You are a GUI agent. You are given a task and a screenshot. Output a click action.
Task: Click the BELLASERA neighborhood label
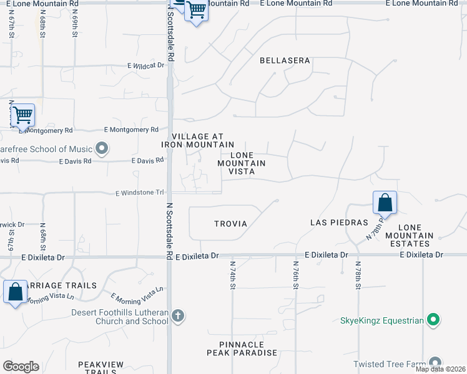[285, 60]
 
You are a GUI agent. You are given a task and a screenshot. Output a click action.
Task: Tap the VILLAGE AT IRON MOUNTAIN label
[197, 140]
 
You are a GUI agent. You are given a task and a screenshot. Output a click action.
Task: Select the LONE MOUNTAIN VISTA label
[242, 163]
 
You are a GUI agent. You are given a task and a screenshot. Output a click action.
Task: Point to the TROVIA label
[230, 223]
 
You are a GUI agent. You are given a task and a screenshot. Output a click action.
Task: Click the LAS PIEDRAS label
[339, 223]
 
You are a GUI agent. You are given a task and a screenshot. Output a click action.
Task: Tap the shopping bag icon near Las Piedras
[385, 203]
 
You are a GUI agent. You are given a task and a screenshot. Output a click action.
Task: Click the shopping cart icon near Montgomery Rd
[22, 115]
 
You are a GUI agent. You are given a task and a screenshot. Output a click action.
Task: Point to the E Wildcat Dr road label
[146, 65]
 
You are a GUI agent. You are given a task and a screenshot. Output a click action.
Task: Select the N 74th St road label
[232, 274]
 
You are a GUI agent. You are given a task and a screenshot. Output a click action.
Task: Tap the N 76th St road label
[297, 274]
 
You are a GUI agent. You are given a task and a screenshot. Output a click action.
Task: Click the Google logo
[21, 367]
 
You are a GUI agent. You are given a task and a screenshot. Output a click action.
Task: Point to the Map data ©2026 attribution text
[440, 369]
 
